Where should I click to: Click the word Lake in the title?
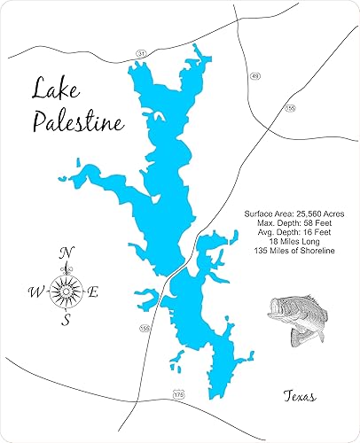click(60, 89)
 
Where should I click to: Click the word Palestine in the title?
click(78, 122)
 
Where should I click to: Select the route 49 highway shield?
click(254, 77)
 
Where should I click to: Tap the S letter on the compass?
click(65, 321)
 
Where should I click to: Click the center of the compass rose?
click(65, 288)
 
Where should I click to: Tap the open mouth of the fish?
click(275, 311)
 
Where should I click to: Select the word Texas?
click(301, 395)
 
